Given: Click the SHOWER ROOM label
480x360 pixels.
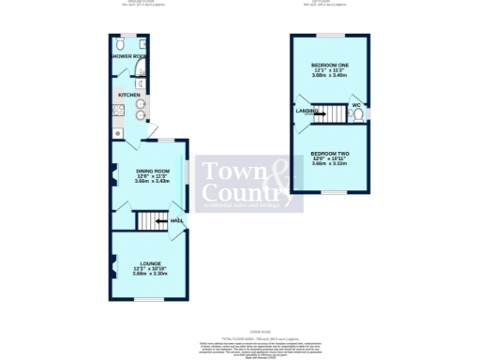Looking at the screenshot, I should pyautogui.click(x=127, y=57).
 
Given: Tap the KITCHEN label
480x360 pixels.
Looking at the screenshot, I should pyautogui.click(x=128, y=95).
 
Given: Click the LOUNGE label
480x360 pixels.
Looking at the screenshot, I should pyautogui.click(x=150, y=262).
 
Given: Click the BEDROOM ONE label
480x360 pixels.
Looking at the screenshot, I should pyautogui.click(x=329, y=65).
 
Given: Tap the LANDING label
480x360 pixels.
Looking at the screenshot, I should pyautogui.click(x=307, y=112).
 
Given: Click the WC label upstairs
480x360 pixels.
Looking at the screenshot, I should pyautogui.click(x=356, y=104).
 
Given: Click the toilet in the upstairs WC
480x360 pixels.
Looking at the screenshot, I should pyautogui.click(x=358, y=116).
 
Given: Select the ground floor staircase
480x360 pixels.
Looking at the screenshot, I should pyautogui.click(x=151, y=221).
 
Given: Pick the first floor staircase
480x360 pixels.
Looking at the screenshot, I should pyautogui.click(x=329, y=115).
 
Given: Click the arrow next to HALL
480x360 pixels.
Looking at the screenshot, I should pyautogui.click(x=162, y=221).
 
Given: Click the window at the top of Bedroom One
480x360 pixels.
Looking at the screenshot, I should pyautogui.click(x=329, y=36).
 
